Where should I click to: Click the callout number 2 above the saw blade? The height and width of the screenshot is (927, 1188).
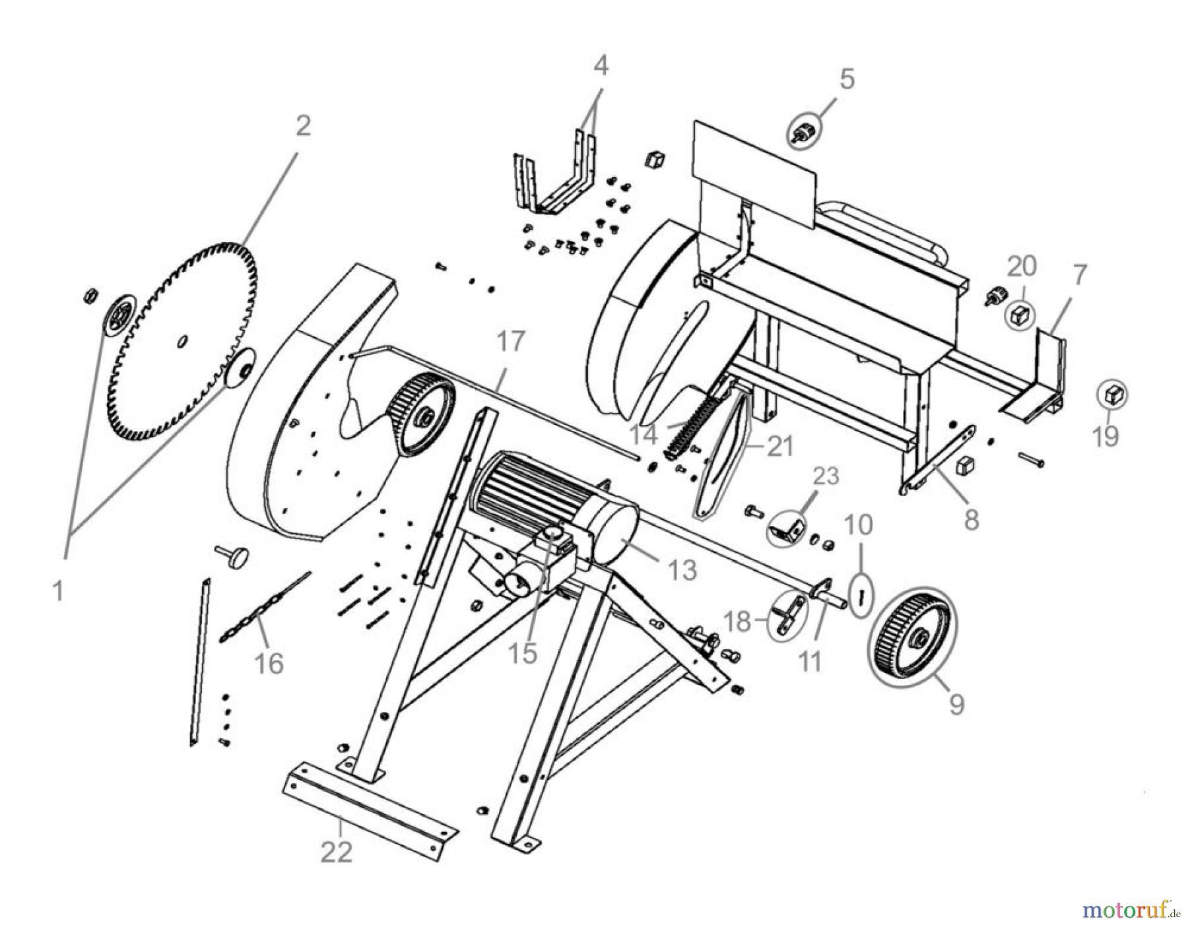pyautogui.click(x=302, y=126)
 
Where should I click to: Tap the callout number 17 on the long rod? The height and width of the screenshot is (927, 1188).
pyautogui.click(x=510, y=342)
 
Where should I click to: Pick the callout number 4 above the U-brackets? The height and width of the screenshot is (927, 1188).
pyautogui.click(x=600, y=65)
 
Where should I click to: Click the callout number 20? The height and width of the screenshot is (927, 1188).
pyautogui.click(x=1021, y=267)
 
